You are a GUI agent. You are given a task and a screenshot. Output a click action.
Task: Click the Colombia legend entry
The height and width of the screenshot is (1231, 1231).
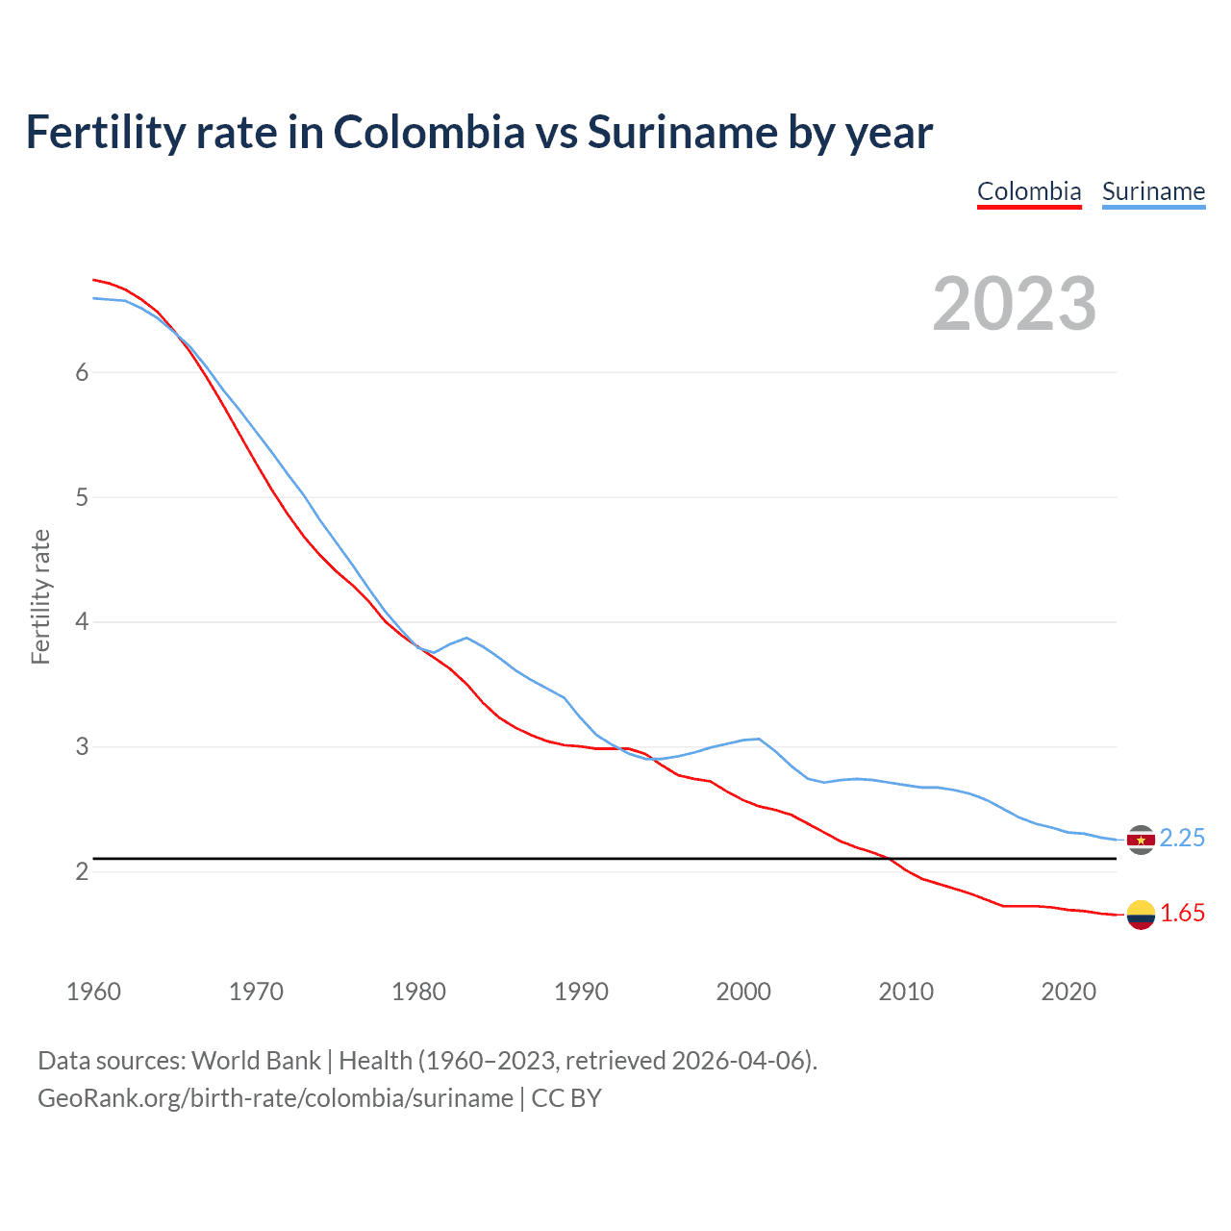1029,191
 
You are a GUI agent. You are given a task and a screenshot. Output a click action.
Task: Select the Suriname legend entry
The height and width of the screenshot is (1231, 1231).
1153,191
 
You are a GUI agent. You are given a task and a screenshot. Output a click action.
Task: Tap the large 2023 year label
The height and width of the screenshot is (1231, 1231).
1014,304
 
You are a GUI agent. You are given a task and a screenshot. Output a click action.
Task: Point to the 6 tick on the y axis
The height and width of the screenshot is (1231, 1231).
82,373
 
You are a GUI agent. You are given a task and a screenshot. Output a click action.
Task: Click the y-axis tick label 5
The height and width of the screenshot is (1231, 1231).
82,498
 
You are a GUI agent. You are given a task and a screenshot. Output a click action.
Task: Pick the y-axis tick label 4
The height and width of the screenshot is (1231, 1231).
82,622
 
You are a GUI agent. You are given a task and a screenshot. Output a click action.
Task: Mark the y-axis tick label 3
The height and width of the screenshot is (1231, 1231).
82,747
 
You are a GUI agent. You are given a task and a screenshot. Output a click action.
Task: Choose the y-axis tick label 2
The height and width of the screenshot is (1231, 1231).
82,872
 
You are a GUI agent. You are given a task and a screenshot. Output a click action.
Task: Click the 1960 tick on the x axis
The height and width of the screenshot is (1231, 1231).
93,992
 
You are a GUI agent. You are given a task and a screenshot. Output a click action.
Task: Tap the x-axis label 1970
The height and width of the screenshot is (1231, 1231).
256,992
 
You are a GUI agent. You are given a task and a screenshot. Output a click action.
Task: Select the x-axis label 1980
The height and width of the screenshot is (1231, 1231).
418,992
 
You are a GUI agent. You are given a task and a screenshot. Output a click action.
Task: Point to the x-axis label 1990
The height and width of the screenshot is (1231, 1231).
581,992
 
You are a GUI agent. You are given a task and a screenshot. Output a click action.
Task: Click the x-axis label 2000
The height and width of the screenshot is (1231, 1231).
743,992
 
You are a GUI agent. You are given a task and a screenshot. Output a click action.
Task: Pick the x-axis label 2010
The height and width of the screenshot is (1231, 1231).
906,992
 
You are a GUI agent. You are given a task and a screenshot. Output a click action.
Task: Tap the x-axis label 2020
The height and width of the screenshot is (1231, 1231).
1068,992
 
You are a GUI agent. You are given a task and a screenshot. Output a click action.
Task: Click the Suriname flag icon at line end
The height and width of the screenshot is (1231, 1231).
1141,840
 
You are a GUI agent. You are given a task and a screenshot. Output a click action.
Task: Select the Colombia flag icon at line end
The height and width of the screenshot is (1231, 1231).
1141,915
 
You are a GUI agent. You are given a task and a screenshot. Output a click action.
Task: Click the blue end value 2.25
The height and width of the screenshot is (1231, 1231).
1182,839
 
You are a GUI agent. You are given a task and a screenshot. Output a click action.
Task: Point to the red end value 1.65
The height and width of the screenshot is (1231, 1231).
1182,914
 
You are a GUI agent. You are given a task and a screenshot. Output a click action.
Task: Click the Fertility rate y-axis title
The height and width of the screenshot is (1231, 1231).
40,596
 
